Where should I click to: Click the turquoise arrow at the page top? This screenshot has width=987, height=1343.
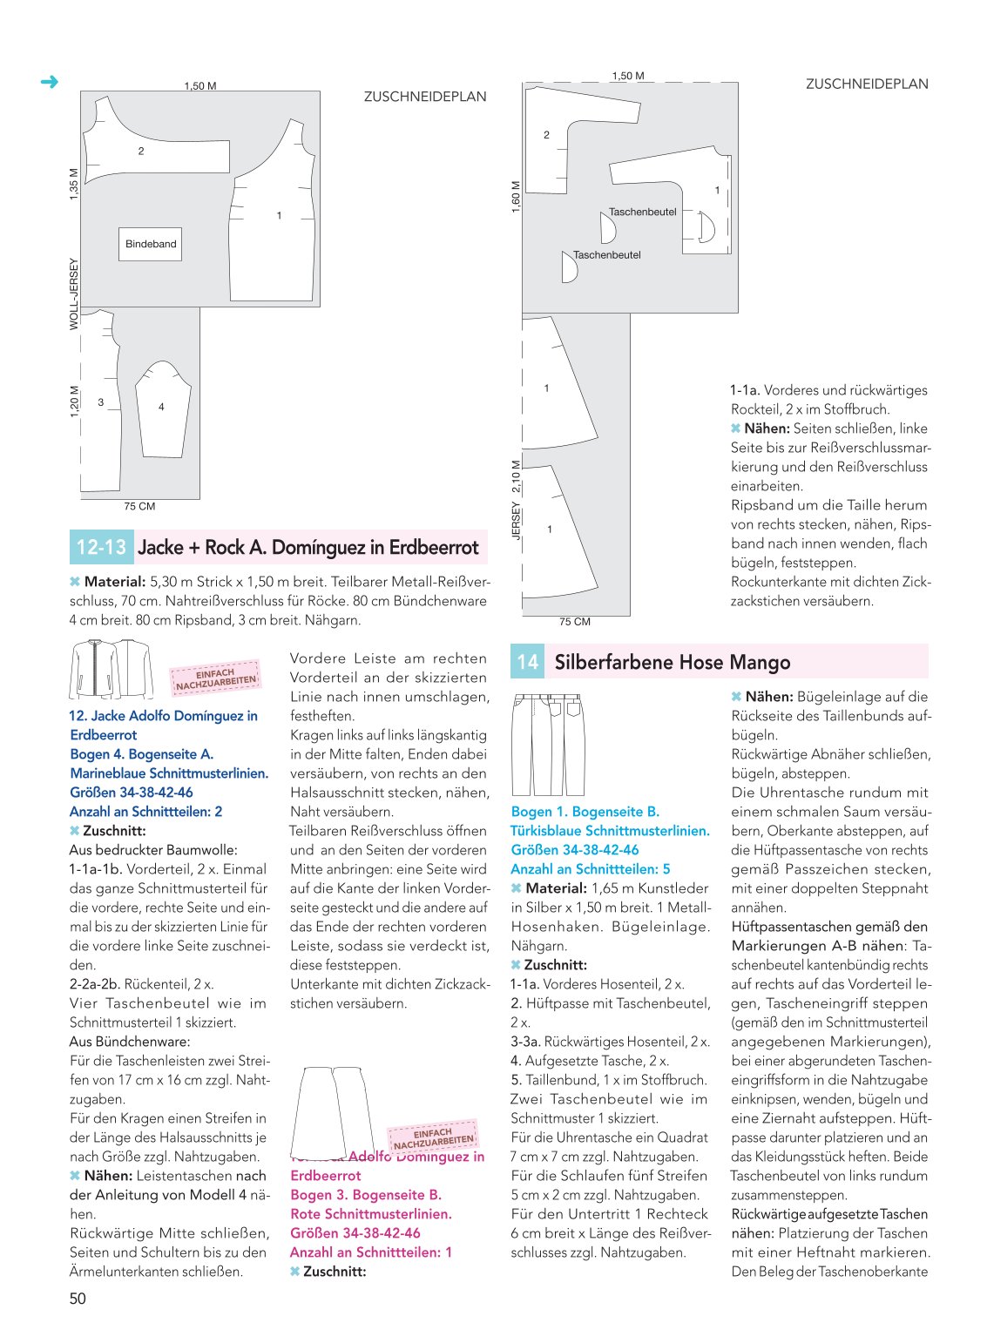(x=50, y=82)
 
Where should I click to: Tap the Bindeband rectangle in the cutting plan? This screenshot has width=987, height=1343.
(x=150, y=244)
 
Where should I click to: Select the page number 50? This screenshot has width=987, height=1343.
(x=78, y=1299)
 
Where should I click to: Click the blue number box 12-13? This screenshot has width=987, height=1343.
(x=101, y=547)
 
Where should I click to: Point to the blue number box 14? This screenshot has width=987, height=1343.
(x=527, y=661)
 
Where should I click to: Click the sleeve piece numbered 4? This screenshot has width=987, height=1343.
(x=163, y=408)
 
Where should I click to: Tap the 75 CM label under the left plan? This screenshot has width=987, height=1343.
(x=139, y=506)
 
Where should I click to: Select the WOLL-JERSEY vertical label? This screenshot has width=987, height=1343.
(x=74, y=294)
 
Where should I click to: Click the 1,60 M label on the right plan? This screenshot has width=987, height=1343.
(x=516, y=197)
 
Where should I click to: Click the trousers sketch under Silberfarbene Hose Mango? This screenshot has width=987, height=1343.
(x=548, y=744)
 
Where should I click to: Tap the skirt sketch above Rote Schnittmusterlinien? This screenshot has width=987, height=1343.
(x=332, y=1112)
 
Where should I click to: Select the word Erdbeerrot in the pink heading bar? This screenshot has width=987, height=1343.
(x=434, y=548)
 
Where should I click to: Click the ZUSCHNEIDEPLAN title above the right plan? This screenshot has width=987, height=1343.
(x=867, y=84)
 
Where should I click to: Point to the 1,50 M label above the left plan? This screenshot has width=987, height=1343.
(x=200, y=85)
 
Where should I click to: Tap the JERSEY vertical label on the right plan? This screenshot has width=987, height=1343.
(x=516, y=521)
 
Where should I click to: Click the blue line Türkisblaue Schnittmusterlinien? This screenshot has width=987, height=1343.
(x=610, y=830)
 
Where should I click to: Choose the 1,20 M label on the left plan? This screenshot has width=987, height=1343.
(x=74, y=402)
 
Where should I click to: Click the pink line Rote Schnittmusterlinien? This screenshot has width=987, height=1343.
(x=370, y=1213)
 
